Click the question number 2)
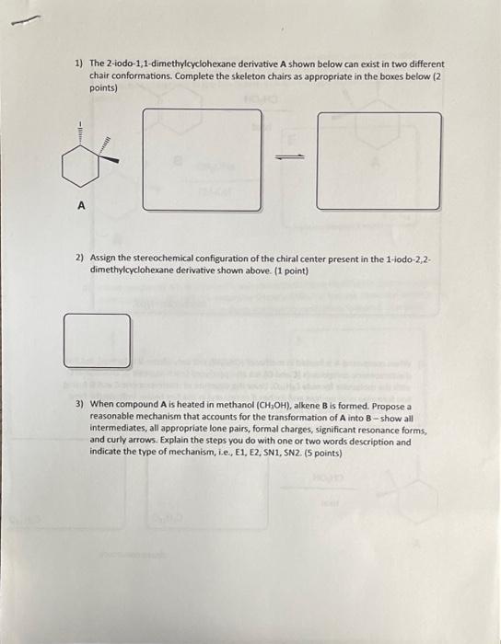(x=79, y=260)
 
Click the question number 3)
(x=79, y=405)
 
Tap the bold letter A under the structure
(x=80, y=208)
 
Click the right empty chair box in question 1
(x=379, y=160)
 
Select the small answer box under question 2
(x=97, y=340)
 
